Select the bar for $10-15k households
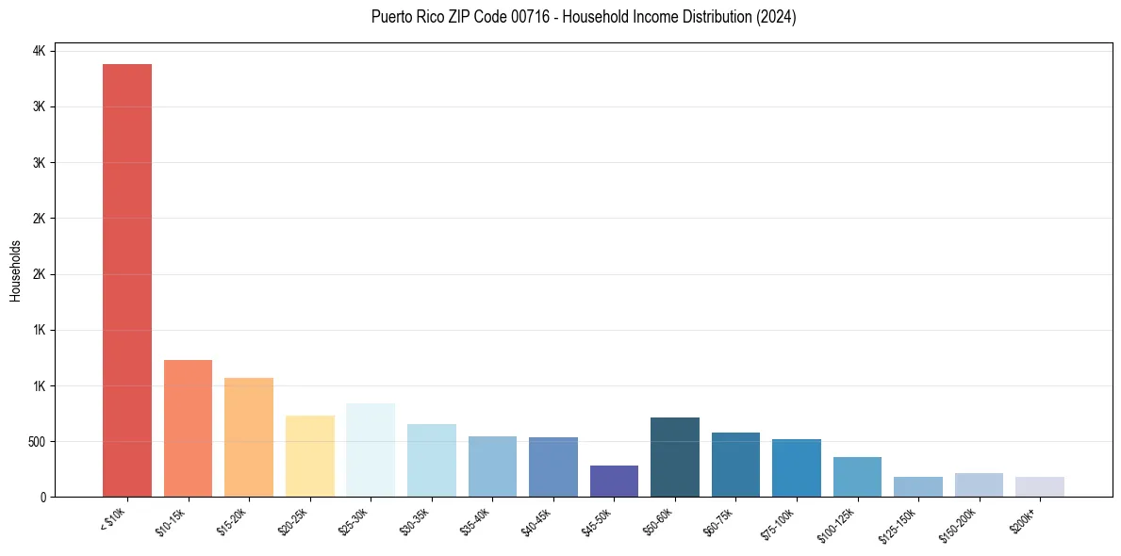coord(188,428)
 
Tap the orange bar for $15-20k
coord(249,437)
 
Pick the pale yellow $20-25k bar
coord(309,456)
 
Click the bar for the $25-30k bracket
coord(371,450)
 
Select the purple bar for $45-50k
coord(614,481)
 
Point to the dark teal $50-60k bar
coord(675,457)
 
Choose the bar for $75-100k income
coord(797,467)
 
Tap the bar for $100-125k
coord(857,477)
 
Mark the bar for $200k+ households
coord(1040,486)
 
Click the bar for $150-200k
coord(979,484)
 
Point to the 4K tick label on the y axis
coord(40,51)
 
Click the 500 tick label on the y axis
coord(36,441)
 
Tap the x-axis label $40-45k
coord(536,520)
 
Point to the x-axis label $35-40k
coord(476,520)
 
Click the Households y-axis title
coord(16,270)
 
